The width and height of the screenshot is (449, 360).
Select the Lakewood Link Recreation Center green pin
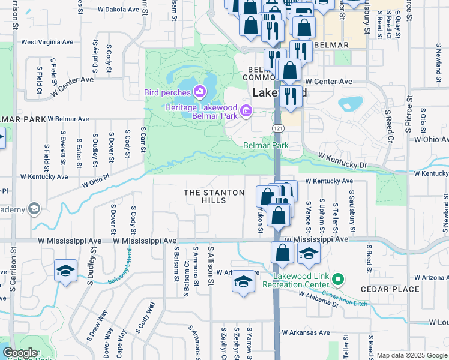point(338,279)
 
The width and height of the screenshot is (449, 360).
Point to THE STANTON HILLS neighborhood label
point(214,196)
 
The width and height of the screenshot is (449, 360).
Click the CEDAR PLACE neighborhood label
point(390,289)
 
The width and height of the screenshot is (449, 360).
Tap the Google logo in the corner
point(20,353)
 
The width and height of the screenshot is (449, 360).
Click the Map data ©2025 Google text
point(412,355)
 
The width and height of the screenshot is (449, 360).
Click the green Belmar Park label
point(265,145)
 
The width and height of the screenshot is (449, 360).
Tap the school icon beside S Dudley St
point(65,271)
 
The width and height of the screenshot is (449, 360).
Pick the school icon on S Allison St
point(243,281)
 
